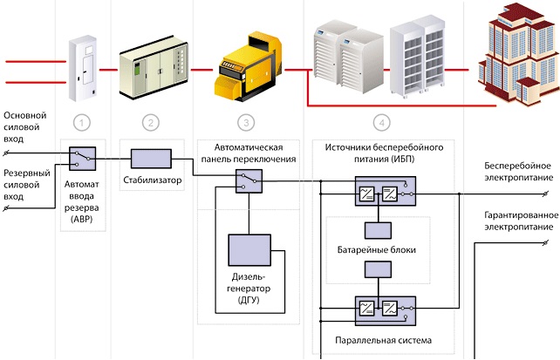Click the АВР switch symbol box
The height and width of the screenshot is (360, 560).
pyautogui.click(x=83, y=157)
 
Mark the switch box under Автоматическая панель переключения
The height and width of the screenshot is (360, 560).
pyautogui.click(x=249, y=180)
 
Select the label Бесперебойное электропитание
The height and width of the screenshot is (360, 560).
pyautogui.click(x=518, y=171)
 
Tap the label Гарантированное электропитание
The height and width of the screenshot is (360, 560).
pyautogui.click(x=518, y=221)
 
